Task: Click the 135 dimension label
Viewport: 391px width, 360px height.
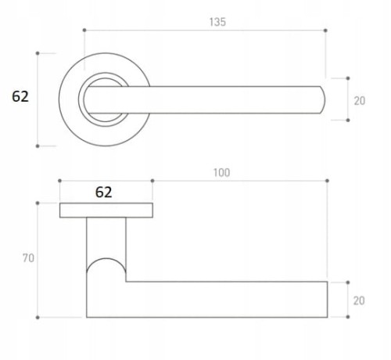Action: coord(217,22)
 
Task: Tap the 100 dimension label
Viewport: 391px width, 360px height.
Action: coord(221,173)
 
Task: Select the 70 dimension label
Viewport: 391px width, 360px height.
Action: coord(28,258)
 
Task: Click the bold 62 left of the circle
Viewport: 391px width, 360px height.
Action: coord(20,96)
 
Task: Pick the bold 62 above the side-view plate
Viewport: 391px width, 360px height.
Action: coord(103,192)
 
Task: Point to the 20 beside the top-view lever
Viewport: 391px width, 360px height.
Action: coord(360,101)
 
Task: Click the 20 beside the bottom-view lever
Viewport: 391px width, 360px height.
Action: coord(359,301)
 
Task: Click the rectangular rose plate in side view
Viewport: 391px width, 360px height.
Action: coord(106,211)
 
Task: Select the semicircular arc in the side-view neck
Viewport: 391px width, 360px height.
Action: coord(106,259)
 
